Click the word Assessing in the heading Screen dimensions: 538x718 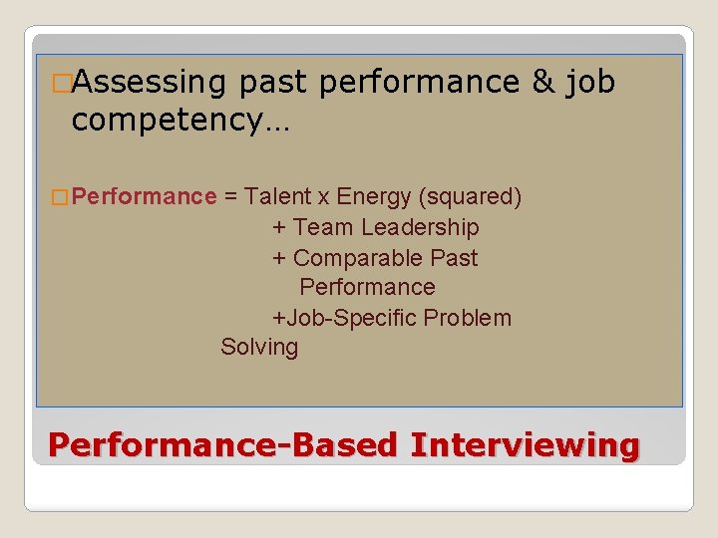tap(150, 82)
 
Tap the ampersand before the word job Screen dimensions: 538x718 tap(542, 82)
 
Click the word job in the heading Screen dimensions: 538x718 tap(589, 84)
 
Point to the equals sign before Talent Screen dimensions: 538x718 tap(230, 196)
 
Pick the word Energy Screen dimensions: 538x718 tap(375, 196)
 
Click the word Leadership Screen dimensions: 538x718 tap(420, 227)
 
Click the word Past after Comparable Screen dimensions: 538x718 tap(454, 258)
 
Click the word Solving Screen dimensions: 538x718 tap(259, 348)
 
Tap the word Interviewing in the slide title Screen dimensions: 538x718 tap(525, 444)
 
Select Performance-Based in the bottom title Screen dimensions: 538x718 tap(222, 444)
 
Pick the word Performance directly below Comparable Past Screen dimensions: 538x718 tap(367, 288)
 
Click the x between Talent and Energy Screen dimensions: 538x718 tap(324, 197)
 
